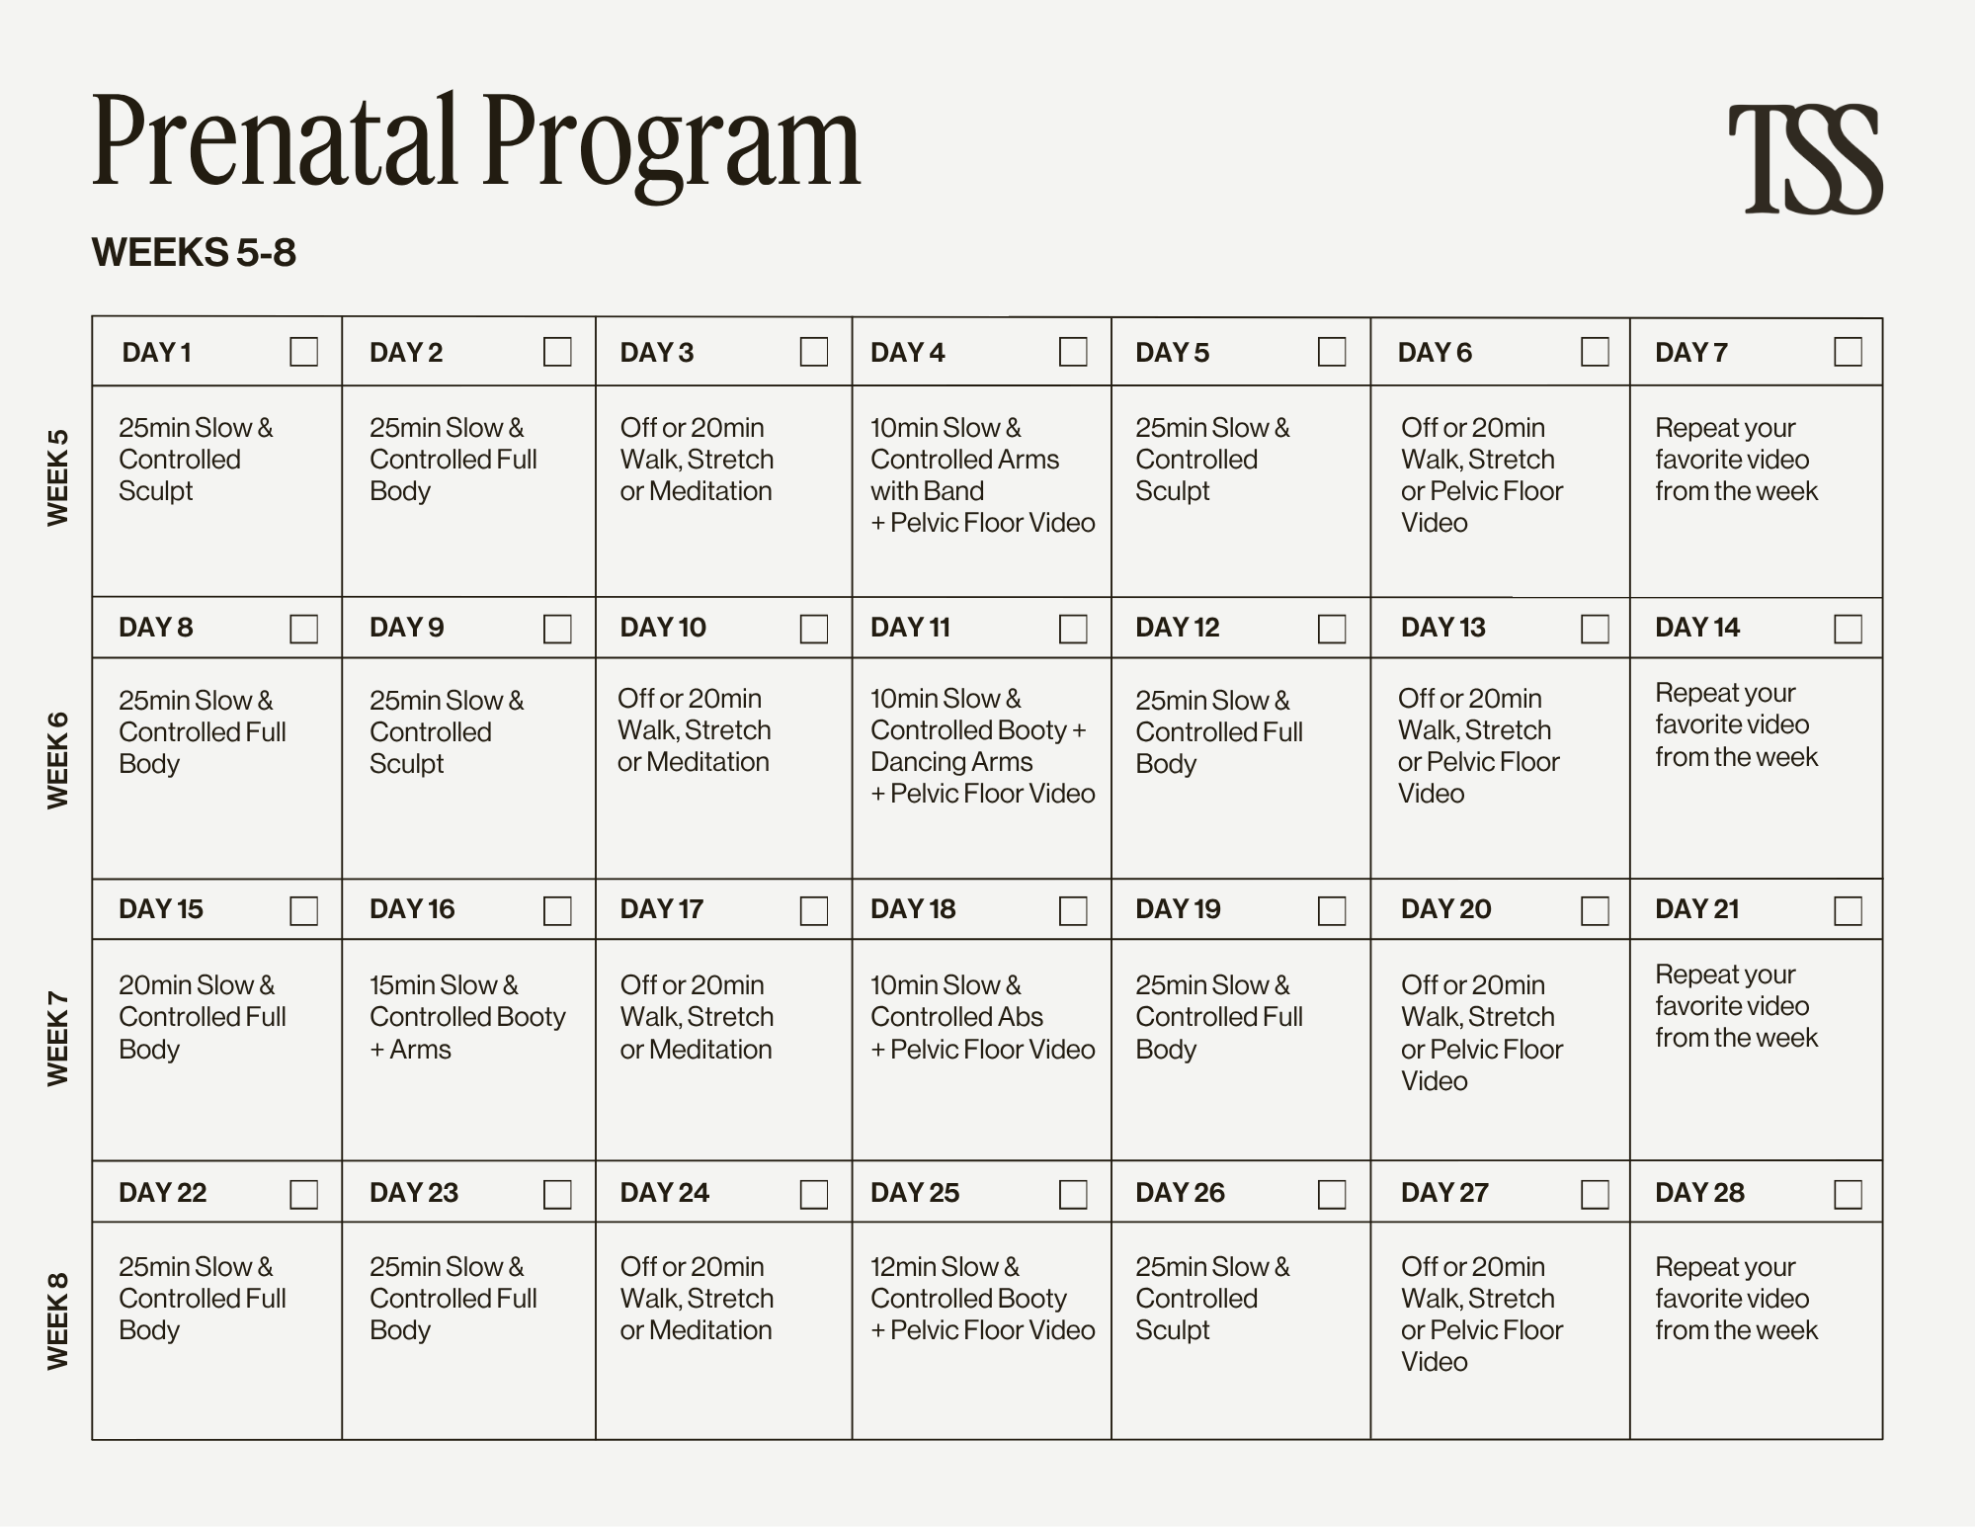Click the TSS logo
pyautogui.click(x=1805, y=159)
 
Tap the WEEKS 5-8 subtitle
pyautogui.click(x=194, y=253)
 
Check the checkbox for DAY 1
pyautogui.click(x=303, y=352)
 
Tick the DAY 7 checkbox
pyautogui.click(x=1848, y=352)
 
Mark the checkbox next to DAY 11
pyautogui.click(x=1073, y=629)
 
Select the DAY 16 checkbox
pyautogui.click(x=557, y=910)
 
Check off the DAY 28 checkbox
pyautogui.click(x=1848, y=1194)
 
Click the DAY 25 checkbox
pyautogui.click(x=1073, y=1194)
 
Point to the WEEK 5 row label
pyautogui.click(x=58, y=477)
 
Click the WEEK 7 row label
pyautogui.click(x=58, y=1039)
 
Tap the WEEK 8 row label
pyautogui.click(x=58, y=1320)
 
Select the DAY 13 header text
pyautogui.click(x=1442, y=628)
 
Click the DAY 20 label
pyautogui.click(x=1445, y=909)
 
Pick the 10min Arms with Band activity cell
pyautogui.click(x=982, y=475)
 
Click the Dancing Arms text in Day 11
pyautogui.click(x=951, y=762)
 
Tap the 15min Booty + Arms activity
pyautogui.click(x=467, y=1017)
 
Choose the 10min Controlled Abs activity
pyautogui.click(x=982, y=1017)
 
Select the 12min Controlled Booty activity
pyautogui.click(x=982, y=1299)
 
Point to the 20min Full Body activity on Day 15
pyautogui.click(x=203, y=1017)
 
